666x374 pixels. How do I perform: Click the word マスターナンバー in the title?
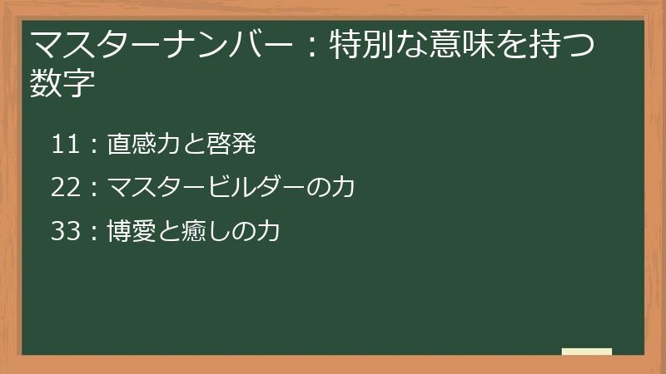(163, 44)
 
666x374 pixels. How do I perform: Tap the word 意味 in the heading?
(476, 44)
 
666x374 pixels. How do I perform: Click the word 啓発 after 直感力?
(232, 145)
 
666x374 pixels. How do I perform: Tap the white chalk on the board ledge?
(586, 352)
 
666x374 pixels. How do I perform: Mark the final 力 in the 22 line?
(342, 188)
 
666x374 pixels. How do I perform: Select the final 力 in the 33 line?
(266, 231)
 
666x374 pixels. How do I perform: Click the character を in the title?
(516, 44)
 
